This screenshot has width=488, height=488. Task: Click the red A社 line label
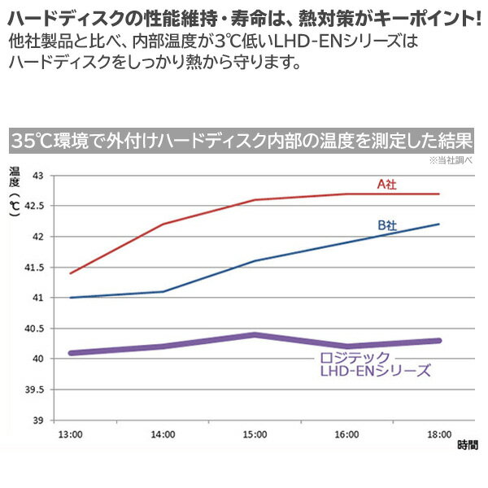(x=387, y=184)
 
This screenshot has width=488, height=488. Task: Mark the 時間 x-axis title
(x=467, y=446)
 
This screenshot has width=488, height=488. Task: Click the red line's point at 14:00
(x=163, y=224)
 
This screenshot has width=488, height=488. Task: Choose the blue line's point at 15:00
(x=255, y=261)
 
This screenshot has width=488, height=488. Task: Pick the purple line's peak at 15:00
(x=255, y=334)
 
